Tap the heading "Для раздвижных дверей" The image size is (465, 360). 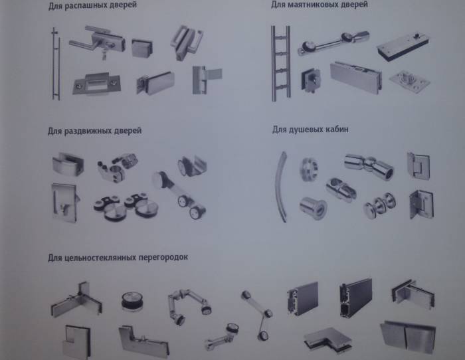94,131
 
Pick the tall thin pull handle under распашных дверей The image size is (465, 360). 55,64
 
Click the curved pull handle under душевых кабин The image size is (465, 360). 284,187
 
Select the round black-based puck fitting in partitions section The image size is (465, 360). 132,302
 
